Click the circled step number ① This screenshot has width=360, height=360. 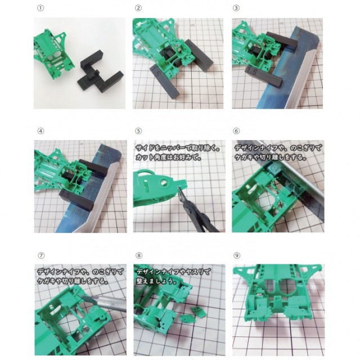click(x=40, y=8)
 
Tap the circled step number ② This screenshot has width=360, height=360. click(x=138, y=8)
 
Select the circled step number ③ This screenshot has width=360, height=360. click(x=236, y=8)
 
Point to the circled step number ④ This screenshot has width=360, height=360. click(x=40, y=131)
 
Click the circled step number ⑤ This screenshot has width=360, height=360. click(x=138, y=131)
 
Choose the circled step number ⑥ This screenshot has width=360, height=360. click(x=236, y=131)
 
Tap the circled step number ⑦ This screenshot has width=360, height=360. click(x=41, y=255)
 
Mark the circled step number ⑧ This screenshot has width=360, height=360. click(x=139, y=255)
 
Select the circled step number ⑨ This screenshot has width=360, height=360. click(x=236, y=255)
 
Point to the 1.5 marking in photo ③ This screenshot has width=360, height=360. click(x=252, y=71)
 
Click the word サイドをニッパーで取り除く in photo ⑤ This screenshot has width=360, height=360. click(x=176, y=148)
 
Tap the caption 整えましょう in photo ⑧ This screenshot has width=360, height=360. click(x=156, y=281)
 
